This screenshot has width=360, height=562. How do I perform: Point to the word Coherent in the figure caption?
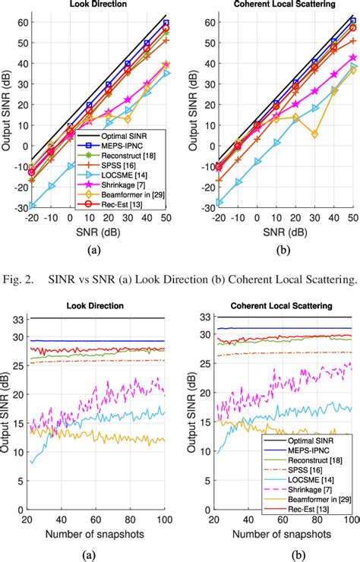coord(247,279)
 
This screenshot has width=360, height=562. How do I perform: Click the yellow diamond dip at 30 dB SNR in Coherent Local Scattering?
coord(313,134)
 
